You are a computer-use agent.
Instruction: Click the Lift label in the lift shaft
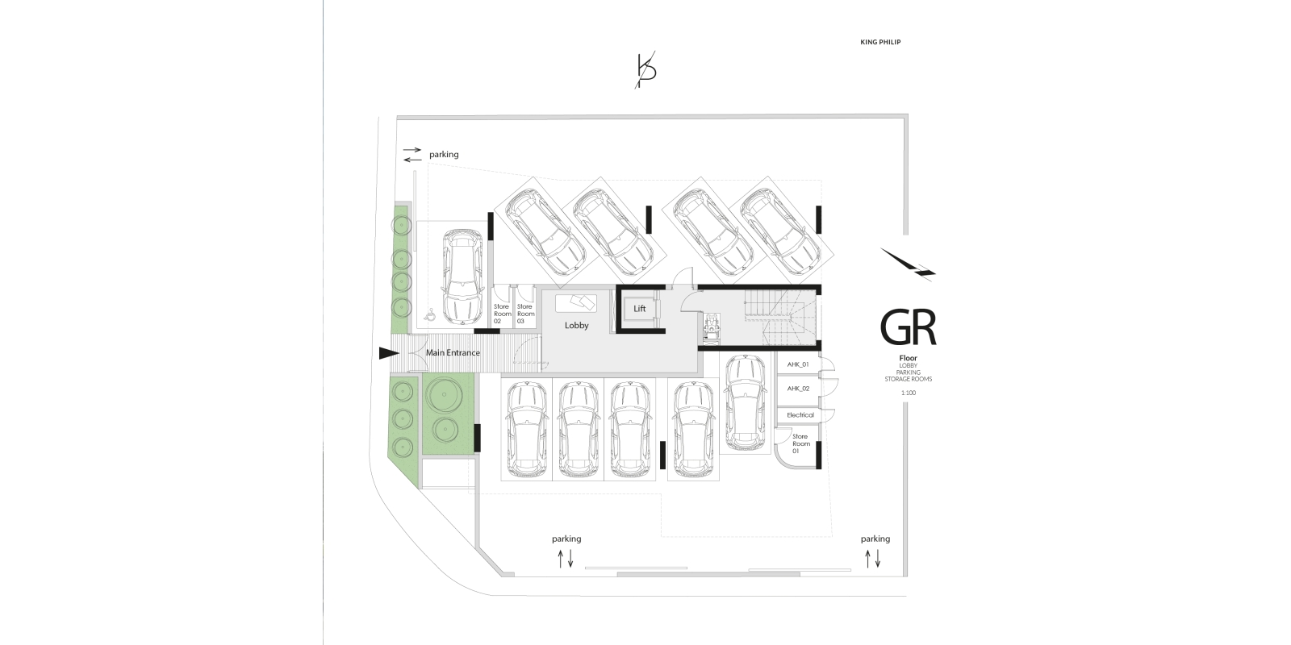pos(640,309)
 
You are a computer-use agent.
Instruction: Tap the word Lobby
pos(576,326)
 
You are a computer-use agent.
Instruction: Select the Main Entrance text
pos(453,352)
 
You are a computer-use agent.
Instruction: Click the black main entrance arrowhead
pos(389,353)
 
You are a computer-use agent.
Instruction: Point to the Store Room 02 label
pos(503,314)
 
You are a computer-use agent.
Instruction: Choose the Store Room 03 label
pos(525,314)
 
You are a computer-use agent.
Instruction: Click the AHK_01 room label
pos(798,364)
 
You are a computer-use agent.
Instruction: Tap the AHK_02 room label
pos(798,389)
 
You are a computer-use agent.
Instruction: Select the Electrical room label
pos(800,414)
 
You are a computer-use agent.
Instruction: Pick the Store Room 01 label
pos(801,443)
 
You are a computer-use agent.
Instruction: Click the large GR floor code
pos(908,327)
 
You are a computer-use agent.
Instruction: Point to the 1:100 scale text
pos(909,393)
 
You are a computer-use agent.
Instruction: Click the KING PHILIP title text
pos(880,42)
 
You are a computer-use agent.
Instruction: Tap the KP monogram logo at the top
pos(645,71)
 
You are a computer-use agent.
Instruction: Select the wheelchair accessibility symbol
pos(430,314)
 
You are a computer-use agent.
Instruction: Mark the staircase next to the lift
pos(781,317)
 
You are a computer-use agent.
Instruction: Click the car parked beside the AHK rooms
pos(746,402)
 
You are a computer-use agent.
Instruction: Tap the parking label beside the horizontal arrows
pos(444,154)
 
